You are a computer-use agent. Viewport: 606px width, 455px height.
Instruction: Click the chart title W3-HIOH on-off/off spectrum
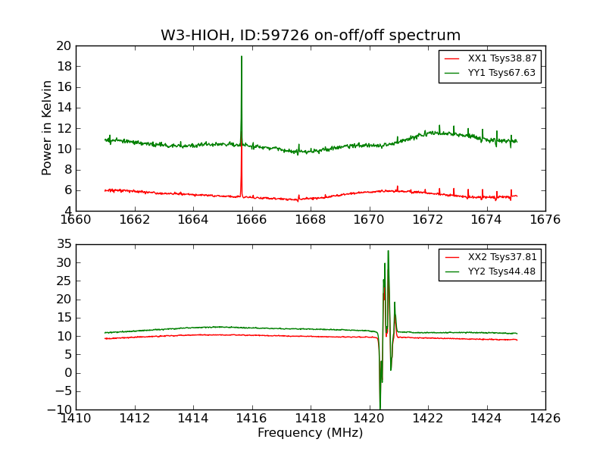click(x=311, y=36)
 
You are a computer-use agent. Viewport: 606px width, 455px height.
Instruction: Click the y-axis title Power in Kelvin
click(x=48, y=127)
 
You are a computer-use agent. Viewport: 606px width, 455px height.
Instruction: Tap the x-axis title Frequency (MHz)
click(x=311, y=433)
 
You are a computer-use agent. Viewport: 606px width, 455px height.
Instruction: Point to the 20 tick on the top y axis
click(x=63, y=45)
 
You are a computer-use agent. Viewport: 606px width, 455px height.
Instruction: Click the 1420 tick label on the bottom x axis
click(x=369, y=419)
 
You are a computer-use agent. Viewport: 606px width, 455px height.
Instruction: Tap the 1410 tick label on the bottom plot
click(x=76, y=419)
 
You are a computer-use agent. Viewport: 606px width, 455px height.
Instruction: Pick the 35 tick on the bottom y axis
click(x=63, y=244)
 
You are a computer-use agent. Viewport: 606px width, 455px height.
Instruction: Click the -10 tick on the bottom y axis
click(x=59, y=409)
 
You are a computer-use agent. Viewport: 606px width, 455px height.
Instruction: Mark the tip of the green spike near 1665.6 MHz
click(x=242, y=56)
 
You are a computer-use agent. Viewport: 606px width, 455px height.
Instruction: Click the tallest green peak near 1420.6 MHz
click(x=389, y=251)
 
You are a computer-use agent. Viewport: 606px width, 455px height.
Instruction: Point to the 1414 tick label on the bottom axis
click(x=193, y=419)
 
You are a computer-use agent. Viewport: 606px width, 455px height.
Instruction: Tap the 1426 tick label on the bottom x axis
click(x=545, y=419)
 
